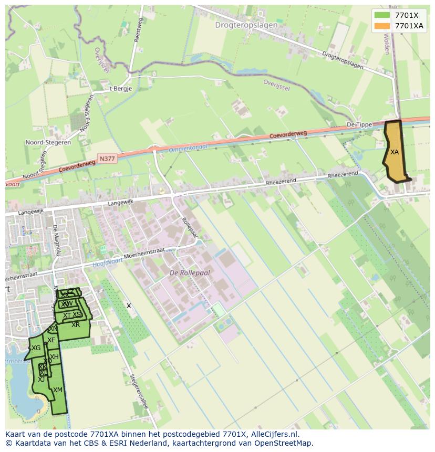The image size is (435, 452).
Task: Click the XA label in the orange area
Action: tap(394, 152)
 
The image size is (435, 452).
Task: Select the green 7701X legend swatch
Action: tap(382, 15)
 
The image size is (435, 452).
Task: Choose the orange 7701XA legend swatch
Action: tap(382, 26)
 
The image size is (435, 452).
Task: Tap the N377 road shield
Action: tap(107, 157)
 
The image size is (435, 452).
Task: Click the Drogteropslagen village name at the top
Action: tap(246, 25)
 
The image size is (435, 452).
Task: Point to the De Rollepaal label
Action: tap(190, 273)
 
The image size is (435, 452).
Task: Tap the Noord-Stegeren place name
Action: tap(48, 142)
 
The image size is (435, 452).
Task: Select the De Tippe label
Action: tap(359, 125)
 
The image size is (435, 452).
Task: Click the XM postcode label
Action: tap(58, 390)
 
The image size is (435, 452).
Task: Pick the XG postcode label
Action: tap(36, 348)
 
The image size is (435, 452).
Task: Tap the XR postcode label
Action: tap(76, 325)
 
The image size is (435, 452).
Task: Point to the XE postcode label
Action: tap(51, 340)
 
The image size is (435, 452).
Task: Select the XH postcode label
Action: tap(54, 357)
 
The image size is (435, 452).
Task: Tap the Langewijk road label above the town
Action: tap(122, 203)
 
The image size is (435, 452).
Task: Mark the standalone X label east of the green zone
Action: tap(129, 306)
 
